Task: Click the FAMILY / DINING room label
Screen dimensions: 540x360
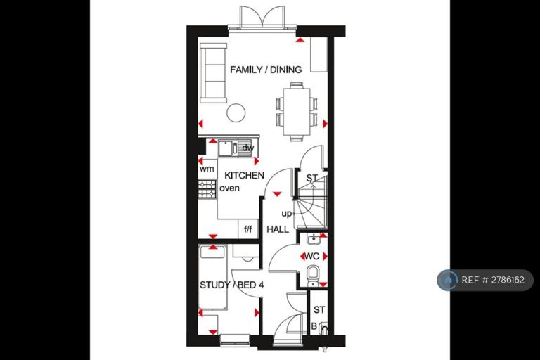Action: [266, 70]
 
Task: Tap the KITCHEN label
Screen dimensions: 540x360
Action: [244, 175]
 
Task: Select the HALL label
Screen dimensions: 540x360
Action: [278, 229]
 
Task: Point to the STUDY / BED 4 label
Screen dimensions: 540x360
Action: [232, 285]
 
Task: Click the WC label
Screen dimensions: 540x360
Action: [312, 257]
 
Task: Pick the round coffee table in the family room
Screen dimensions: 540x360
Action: [236, 112]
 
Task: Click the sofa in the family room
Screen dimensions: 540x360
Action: [214, 73]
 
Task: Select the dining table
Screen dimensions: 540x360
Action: [297, 112]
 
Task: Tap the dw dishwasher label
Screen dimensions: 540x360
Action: [247, 148]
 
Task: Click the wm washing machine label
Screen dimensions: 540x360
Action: [207, 169]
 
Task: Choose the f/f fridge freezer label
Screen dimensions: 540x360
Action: [248, 229]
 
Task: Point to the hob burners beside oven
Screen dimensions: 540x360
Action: [207, 189]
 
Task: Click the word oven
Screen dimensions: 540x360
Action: [229, 188]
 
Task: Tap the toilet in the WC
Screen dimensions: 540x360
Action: [313, 276]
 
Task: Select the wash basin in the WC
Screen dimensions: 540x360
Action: [314, 238]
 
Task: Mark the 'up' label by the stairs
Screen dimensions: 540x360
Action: [287, 214]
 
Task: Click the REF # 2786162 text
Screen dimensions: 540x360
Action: [493, 280]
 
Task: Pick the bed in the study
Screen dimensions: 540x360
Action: [213, 277]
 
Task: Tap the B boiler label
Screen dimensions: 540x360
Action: [314, 326]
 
